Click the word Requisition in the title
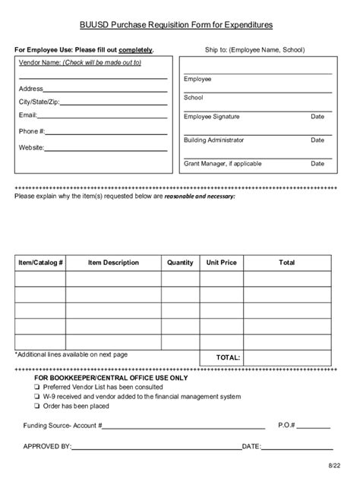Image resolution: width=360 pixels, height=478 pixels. (175, 25)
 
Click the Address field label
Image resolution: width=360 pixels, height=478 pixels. (30, 89)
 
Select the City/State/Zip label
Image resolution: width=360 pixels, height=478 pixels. (38, 102)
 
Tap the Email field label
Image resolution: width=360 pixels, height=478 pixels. (27, 115)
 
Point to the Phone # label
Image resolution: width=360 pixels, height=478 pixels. (32, 131)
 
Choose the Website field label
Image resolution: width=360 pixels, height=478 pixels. (31, 147)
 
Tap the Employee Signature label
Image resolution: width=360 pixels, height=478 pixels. (211, 117)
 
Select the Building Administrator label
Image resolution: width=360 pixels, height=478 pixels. (213, 140)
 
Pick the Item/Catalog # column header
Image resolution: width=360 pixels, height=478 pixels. (40, 263)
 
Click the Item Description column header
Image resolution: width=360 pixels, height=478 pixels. (113, 263)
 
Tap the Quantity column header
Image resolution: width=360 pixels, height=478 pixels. (180, 263)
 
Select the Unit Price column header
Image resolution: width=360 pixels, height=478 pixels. (221, 263)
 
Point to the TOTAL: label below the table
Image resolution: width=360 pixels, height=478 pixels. (228, 357)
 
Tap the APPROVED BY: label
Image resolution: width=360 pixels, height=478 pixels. (47, 447)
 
